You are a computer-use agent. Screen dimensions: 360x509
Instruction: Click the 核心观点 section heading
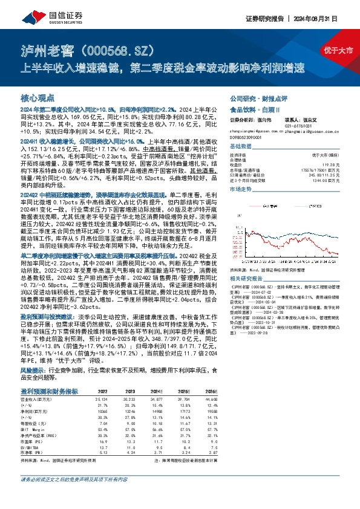[x=37, y=97]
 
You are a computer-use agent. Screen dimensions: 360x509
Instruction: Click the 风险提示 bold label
[x=33, y=368]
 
